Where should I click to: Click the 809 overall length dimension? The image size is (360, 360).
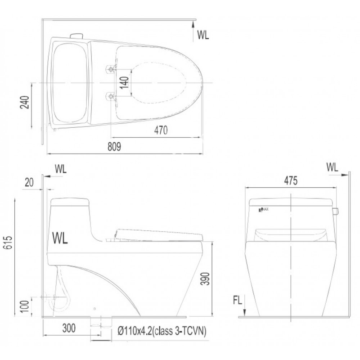pos(114,147)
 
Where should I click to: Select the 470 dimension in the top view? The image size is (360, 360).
pos(161,130)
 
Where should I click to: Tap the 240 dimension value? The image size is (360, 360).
pos(25,102)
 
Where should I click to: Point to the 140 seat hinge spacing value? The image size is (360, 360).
pos(124,83)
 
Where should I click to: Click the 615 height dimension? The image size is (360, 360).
pos(8,243)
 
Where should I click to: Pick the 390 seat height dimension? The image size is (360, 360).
pos(205,279)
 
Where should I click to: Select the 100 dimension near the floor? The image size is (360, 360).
pos(25,306)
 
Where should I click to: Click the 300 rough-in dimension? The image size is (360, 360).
pos(69,328)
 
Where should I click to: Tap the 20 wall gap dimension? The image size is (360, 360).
pos(29,183)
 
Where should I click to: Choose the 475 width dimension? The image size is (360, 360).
pos(291,181)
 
